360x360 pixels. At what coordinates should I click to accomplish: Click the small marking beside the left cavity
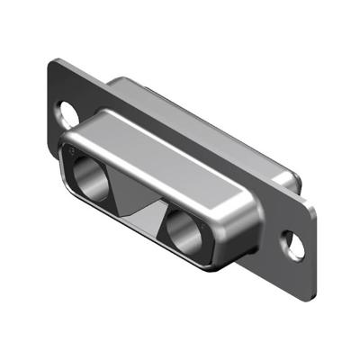point(73,154)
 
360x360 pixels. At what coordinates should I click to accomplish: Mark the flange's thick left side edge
point(47,99)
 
